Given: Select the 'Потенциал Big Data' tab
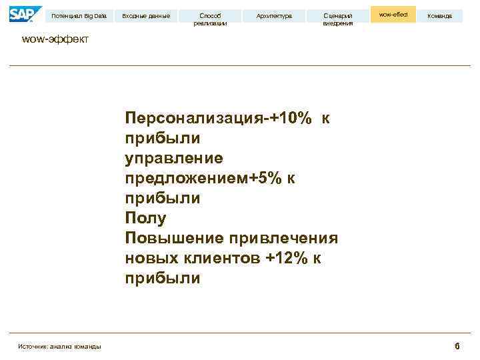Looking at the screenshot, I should (79, 15).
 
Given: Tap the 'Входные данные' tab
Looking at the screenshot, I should (146, 15).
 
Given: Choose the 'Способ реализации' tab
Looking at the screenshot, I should (210, 19).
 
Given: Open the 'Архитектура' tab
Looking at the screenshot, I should (274, 15).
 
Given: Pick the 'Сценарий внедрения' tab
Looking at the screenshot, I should (338, 19).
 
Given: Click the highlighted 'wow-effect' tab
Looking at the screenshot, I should (393, 14).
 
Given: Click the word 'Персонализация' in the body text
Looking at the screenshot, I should (193, 119).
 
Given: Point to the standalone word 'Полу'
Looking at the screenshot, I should (145, 219).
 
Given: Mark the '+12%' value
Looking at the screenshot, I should (287, 259).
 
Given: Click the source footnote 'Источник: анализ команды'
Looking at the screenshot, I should (60, 345).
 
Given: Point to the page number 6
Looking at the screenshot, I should (457, 345).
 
